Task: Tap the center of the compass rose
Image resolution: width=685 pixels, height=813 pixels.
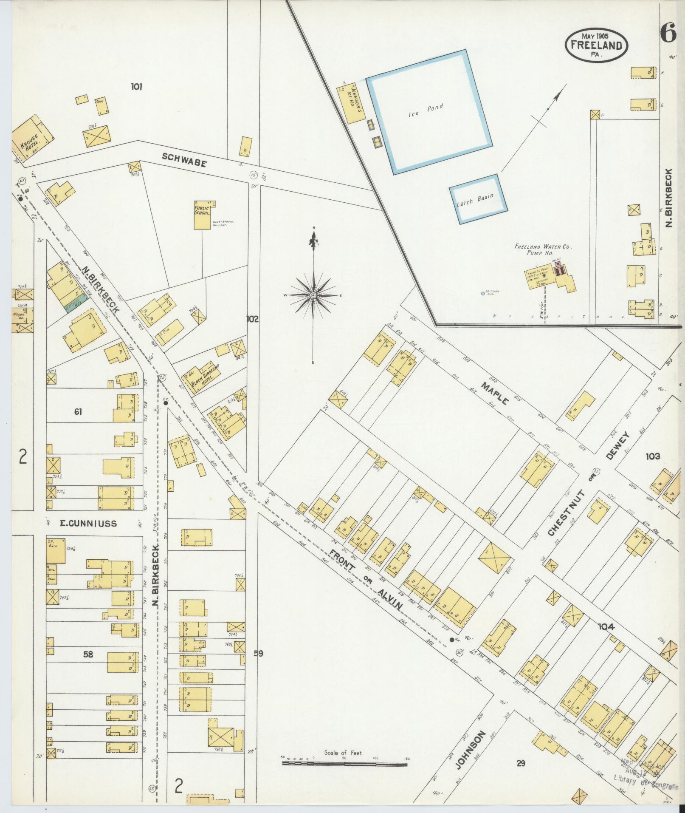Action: click(x=313, y=295)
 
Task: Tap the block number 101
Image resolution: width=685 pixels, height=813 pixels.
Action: click(x=136, y=87)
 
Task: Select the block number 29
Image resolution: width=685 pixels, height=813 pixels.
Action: click(x=521, y=763)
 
